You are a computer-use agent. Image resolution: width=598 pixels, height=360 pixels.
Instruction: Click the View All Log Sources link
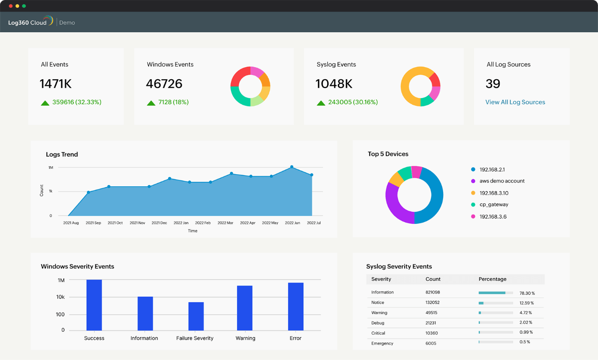pyautogui.click(x=515, y=102)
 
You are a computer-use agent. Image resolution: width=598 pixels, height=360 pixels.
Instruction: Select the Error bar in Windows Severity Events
pyautogui.click(x=295, y=306)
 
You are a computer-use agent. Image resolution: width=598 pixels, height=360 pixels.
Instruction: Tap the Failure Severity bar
pyautogui.click(x=196, y=316)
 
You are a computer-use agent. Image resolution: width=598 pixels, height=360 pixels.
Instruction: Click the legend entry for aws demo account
pyautogui.click(x=501, y=181)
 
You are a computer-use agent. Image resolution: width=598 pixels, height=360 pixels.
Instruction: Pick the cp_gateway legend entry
pyautogui.click(x=493, y=205)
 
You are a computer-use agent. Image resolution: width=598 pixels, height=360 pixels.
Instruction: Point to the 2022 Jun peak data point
pyautogui.click(x=292, y=167)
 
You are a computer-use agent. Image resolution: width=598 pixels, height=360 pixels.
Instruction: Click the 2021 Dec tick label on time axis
pyautogui.click(x=159, y=223)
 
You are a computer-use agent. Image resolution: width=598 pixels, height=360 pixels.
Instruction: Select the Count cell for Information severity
pyautogui.click(x=432, y=292)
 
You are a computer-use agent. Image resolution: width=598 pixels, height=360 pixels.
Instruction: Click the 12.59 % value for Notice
pyautogui.click(x=526, y=303)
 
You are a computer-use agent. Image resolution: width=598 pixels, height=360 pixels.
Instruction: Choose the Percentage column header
pyautogui.click(x=492, y=279)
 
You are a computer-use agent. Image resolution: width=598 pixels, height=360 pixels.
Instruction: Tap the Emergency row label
pyautogui.click(x=382, y=343)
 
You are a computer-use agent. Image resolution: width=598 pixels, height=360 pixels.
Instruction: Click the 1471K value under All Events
pyautogui.click(x=56, y=84)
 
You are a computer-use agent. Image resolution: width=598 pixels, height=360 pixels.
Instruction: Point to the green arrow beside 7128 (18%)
pyautogui.click(x=151, y=103)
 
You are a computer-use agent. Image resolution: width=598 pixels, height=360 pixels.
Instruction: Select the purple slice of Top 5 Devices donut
pyautogui.click(x=394, y=206)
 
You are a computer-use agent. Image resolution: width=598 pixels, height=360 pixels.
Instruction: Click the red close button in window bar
pyautogui.click(x=11, y=6)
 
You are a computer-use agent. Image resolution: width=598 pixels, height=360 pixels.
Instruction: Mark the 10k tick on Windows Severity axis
pyautogui.click(x=60, y=297)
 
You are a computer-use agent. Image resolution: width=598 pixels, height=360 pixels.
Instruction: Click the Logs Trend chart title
pyautogui.click(x=62, y=154)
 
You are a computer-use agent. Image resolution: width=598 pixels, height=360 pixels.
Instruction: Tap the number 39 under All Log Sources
pyautogui.click(x=493, y=84)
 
